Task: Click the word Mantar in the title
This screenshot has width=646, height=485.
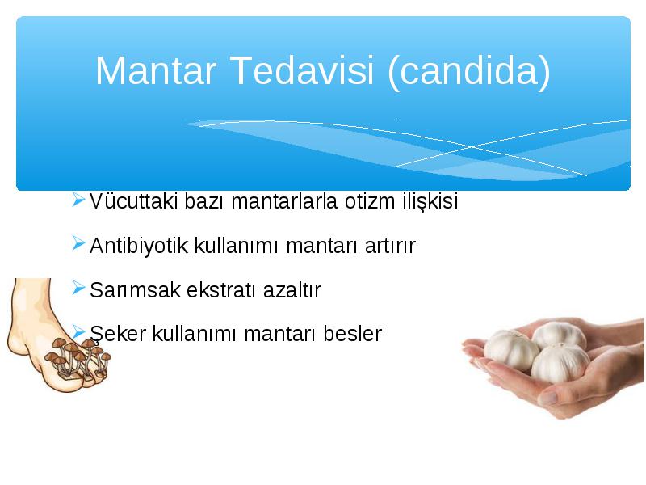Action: pyautogui.click(x=156, y=70)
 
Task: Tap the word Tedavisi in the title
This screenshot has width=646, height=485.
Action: pyautogui.click(x=301, y=70)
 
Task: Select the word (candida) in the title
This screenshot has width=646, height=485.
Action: pyautogui.click(x=469, y=73)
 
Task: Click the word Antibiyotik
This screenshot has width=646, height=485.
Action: pyautogui.click(x=138, y=246)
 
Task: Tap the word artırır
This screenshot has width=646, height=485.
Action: pyautogui.click(x=390, y=247)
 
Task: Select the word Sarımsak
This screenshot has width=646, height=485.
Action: pyautogui.click(x=135, y=290)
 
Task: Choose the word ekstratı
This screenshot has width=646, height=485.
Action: pyautogui.click(x=221, y=290)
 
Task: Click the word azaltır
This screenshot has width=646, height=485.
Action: pyautogui.click(x=292, y=290)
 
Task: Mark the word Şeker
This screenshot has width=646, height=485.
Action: pyautogui.click(x=118, y=334)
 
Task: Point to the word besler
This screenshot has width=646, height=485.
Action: pyautogui.click(x=353, y=334)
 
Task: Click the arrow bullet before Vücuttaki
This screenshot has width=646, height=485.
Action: pyautogui.click(x=78, y=200)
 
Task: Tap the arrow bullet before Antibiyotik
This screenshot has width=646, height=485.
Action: pyautogui.click(x=78, y=243)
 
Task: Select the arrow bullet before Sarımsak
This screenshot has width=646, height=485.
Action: pyautogui.click(x=78, y=288)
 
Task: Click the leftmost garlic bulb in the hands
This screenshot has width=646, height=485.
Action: pyautogui.click(x=511, y=351)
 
